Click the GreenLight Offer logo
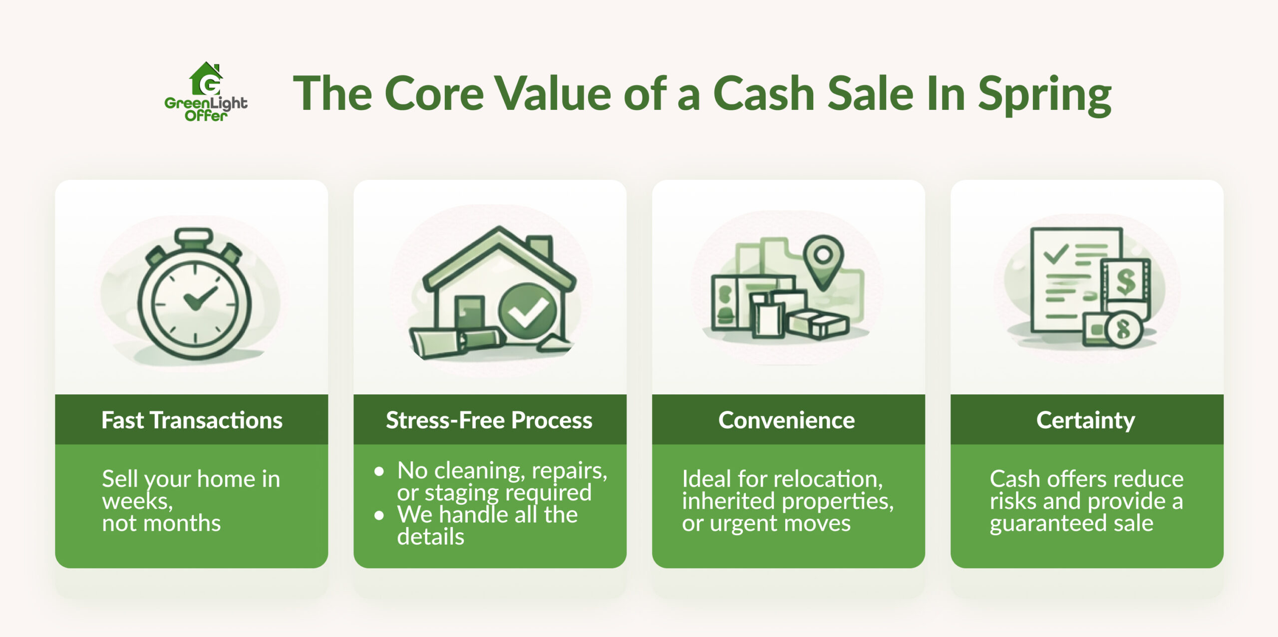pos(206,92)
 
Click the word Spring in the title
pos(1044,95)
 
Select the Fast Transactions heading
pos(192,420)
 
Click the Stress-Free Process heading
pos(489,420)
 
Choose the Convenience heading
pos(787,420)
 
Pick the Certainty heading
pos(1086,420)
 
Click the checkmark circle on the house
pos(527,312)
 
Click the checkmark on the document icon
pos(1056,254)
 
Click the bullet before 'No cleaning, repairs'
pos(379,471)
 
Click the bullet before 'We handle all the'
pos(379,515)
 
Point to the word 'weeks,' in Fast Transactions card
pos(137,501)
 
